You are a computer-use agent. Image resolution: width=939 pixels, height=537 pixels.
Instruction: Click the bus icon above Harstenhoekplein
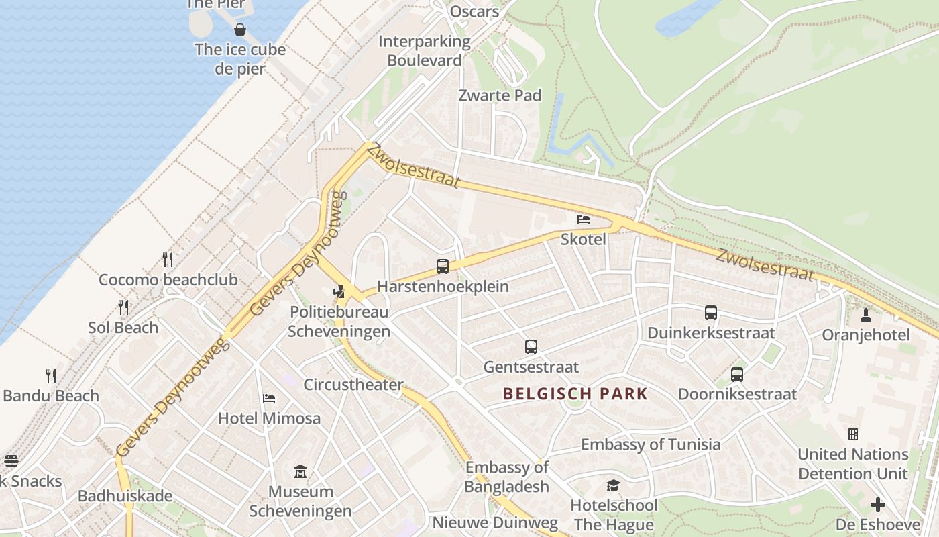click(x=443, y=266)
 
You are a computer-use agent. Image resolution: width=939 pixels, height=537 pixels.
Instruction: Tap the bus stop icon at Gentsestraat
click(x=531, y=347)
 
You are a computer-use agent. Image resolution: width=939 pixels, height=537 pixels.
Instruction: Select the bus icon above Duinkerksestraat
click(x=711, y=312)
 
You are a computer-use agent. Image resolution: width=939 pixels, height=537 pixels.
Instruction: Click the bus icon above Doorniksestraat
click(x=737, y=375)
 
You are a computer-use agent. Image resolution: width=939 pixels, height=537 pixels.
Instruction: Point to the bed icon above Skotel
click(x=584, y=219)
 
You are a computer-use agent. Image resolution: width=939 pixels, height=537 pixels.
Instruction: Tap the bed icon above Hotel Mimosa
click(x=269, y=398)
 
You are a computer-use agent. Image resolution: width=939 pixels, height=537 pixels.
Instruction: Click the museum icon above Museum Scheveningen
click(x=300, y=472)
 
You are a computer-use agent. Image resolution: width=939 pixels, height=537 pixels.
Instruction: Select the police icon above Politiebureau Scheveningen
click(x=339, y=291)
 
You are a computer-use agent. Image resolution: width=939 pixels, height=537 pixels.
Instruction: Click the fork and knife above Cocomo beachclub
click(x=168, y=259)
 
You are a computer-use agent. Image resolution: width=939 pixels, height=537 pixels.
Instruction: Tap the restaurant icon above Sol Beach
click(x=123, y=307)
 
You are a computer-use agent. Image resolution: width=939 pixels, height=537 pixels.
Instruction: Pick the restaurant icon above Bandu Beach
click(x=51, y=375)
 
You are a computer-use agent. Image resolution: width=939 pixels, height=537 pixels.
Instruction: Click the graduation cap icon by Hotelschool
click(x=613, y=485)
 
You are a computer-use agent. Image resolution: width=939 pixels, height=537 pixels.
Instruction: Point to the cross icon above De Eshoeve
click(x=878, y=504)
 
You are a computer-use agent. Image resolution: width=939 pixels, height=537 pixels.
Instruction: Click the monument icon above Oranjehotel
click(x=866, y=315)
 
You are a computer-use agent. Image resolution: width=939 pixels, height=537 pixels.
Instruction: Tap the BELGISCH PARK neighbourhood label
click(x=575, y=394)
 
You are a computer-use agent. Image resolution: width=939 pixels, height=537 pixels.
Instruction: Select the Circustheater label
click(x=353, y=385)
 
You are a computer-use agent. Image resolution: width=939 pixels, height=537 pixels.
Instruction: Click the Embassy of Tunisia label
click(x=651, y=444)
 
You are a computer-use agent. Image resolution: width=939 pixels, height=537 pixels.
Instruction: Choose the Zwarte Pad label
click(x=500, y=95)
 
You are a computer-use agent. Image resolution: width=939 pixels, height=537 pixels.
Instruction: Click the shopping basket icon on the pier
click(x=240, y=30)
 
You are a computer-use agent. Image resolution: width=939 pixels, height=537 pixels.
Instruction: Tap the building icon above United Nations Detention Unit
click(x=853, y=434)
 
